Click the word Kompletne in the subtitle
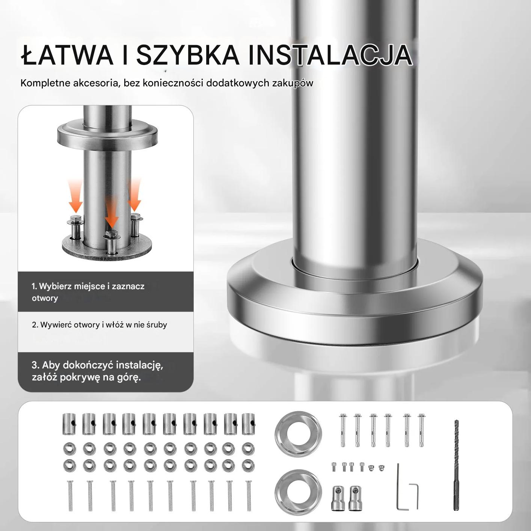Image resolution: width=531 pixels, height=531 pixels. pos(45,83)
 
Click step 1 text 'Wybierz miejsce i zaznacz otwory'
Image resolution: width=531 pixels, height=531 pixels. pos(88,292)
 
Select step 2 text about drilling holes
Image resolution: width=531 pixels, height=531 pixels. pos(100,324)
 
